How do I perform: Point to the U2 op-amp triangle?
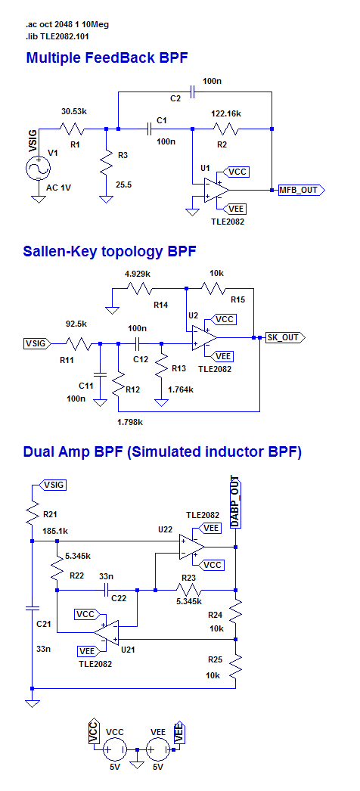(x=204, y=337)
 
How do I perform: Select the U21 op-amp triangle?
(x=106, y=632)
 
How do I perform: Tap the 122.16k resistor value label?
(x=225, y=114)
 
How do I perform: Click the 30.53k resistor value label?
(x=74, y=111)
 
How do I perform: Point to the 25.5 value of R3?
(x=123, y=185)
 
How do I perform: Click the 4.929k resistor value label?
(x=137, y=274)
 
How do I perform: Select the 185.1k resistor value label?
(x=56, y=531)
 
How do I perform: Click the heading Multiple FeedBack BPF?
(x=107, y=57)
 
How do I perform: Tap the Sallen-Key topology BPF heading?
(x=109, y=251)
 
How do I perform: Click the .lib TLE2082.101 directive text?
(x=58, y=36)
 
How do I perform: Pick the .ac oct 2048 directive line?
(x=67, y=24)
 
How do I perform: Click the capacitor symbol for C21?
(x=32, y=609)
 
